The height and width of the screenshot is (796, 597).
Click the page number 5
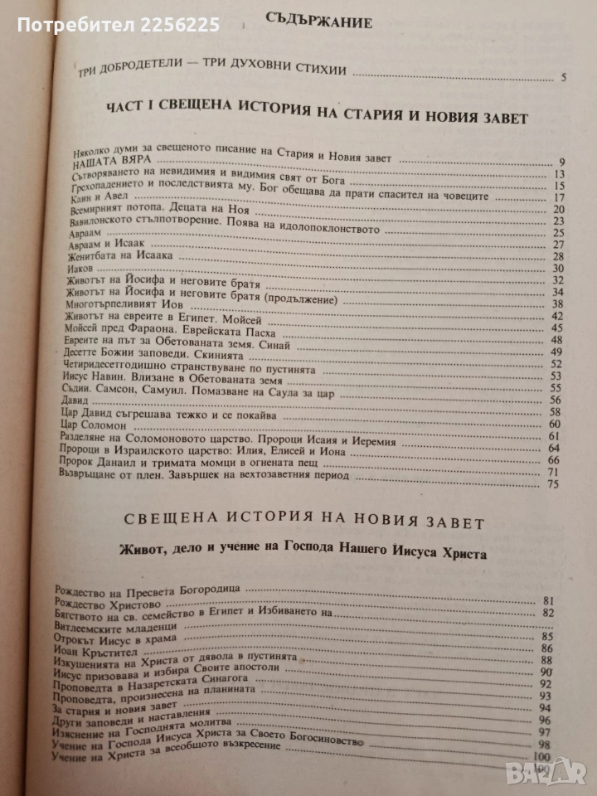(563, 80)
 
